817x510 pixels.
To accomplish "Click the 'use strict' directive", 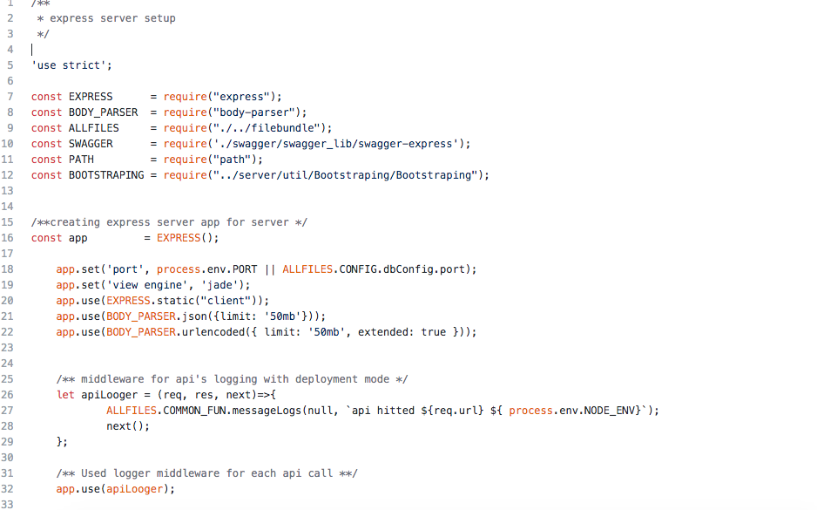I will pyautogui.click(x=71, y=65).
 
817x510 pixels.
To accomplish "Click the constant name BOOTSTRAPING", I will pyautogui.click(x=106, y=175).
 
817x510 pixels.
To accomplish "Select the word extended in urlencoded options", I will pyautogui.click(x=388, y=332).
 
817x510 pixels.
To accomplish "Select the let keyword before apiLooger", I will pyautogui.click(x=65, y=395).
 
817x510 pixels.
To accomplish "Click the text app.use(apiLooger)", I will pyautogui.click(x=115, y=489).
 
